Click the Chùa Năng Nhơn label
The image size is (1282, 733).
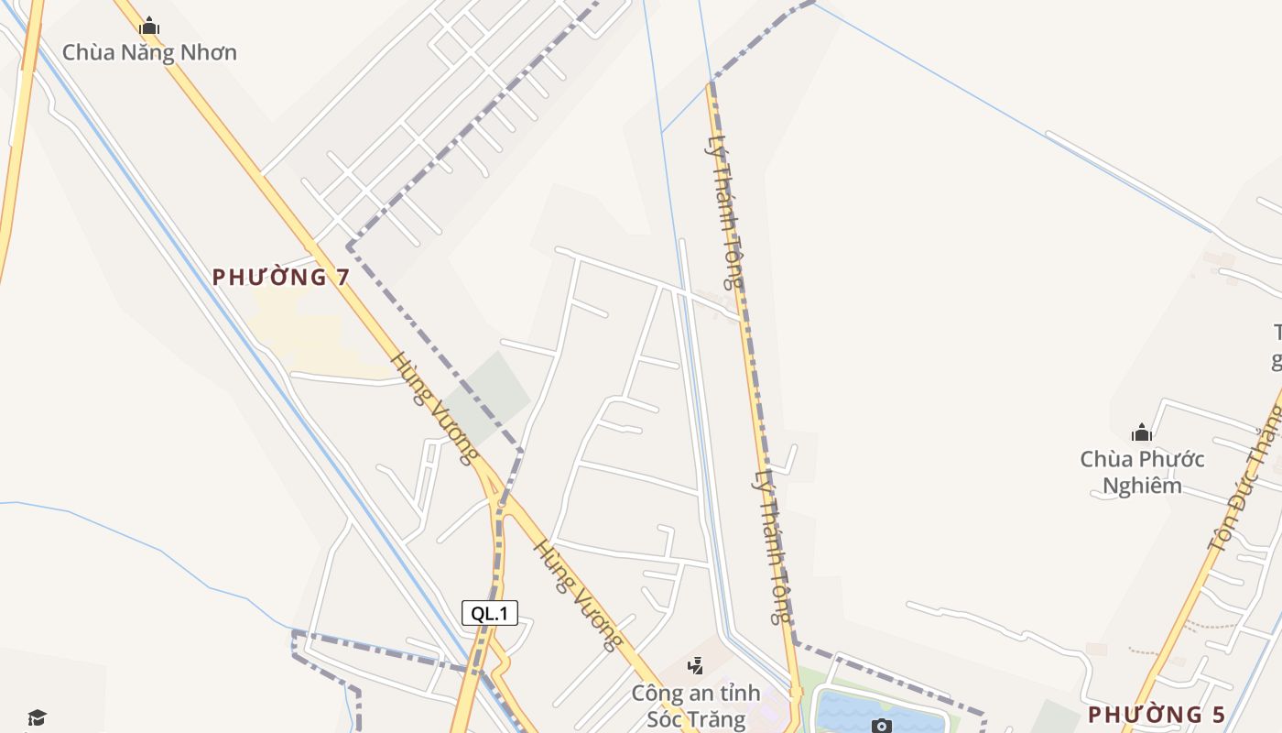(149, 52)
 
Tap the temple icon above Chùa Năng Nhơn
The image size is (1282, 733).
(149, 27)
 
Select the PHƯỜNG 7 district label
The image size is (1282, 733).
(281, 277)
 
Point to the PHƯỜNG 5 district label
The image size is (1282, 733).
(1156, 715)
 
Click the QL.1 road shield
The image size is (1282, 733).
(490, 613)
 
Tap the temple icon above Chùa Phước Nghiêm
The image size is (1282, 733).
(1142, 432)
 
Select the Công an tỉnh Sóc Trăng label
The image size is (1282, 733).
(696, 706)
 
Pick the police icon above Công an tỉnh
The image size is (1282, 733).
(696, 666)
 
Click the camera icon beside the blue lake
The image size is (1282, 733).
(882, 726)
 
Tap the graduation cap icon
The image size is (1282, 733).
(37, 717)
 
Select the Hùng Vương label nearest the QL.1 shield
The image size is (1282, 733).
(577, 594)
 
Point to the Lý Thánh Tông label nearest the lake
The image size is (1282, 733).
(772, 546)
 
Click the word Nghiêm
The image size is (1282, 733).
(1142, 486)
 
